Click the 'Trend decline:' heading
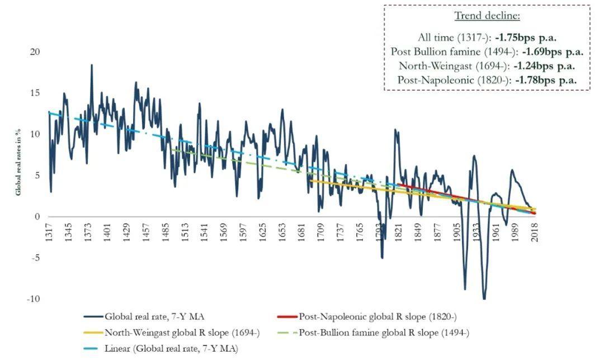(x=487, y=16)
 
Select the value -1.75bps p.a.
(x=526, y=37)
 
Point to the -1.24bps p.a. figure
(x=544, y=66)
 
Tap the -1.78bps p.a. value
(x=546, y=80)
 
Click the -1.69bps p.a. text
(x=553, y=51)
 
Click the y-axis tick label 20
(x=35, y=51)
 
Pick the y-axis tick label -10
(x=33, y=299)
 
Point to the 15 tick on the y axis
(x=35, y=93)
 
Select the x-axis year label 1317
(x=49, y=232)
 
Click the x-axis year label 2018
(x=535, y=232)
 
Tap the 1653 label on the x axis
(x=282, y=232)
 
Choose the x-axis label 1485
(x=165, y=232)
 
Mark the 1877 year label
(x=437, y=232)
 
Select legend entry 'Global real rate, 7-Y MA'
(x=144, y=317)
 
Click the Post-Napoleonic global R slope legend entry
(x=367, y=317)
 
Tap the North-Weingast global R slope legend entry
(x=172, y=333)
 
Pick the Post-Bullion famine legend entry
(x=373, y=333)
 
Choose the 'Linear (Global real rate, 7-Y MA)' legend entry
(x=161, y=349)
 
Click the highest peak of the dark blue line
(x=92, y=65)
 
